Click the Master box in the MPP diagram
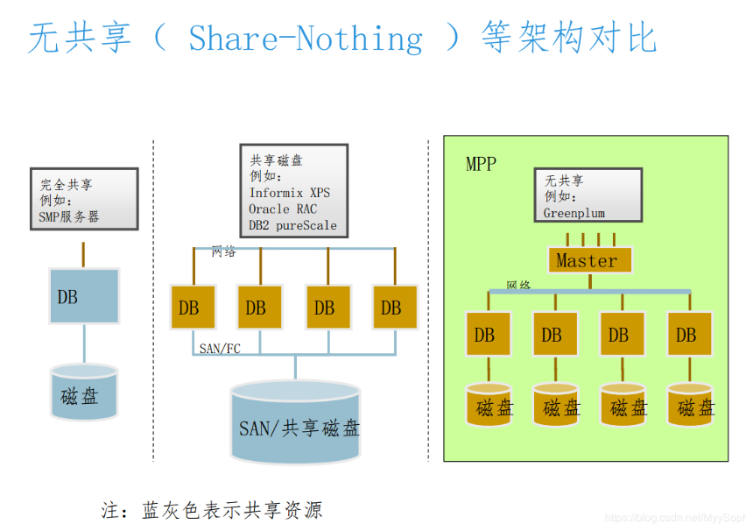pyautogui.click(x=587, y=260)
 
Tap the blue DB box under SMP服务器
pyautogui.click(x=84, y=297)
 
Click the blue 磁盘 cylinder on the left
pyautogui.click(x=84, y=393)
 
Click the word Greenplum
pyautogui.click(x=574, y=213)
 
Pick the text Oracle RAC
pyautogui.click(x=283, y=209)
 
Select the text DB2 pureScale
pyautogui.click(x=292, y=225)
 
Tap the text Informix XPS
pyautogui.click(x=289, y=193)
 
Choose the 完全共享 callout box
pyautogui.click(x=84, y=200)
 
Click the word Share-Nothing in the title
pyautogui.click(x=306, y=39)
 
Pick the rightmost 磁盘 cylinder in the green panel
pyautogui.click(x=690, y=405)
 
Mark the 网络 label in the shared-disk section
pyautogui.click(x=224, y=252)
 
